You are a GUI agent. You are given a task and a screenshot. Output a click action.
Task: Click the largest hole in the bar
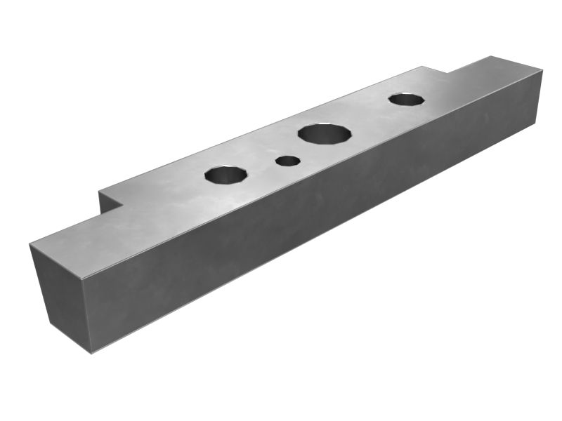coord(324,133)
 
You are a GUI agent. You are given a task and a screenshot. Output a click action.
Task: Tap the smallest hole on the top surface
coord(287,161)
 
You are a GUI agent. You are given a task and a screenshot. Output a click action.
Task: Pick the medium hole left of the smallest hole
coord(226,174)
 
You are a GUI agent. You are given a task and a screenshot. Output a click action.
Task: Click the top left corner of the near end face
coord(30,245)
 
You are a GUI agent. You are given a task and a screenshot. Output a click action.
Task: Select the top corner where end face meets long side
coord(82,279)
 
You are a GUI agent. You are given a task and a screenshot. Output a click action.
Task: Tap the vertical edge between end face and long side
coord(87,316)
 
